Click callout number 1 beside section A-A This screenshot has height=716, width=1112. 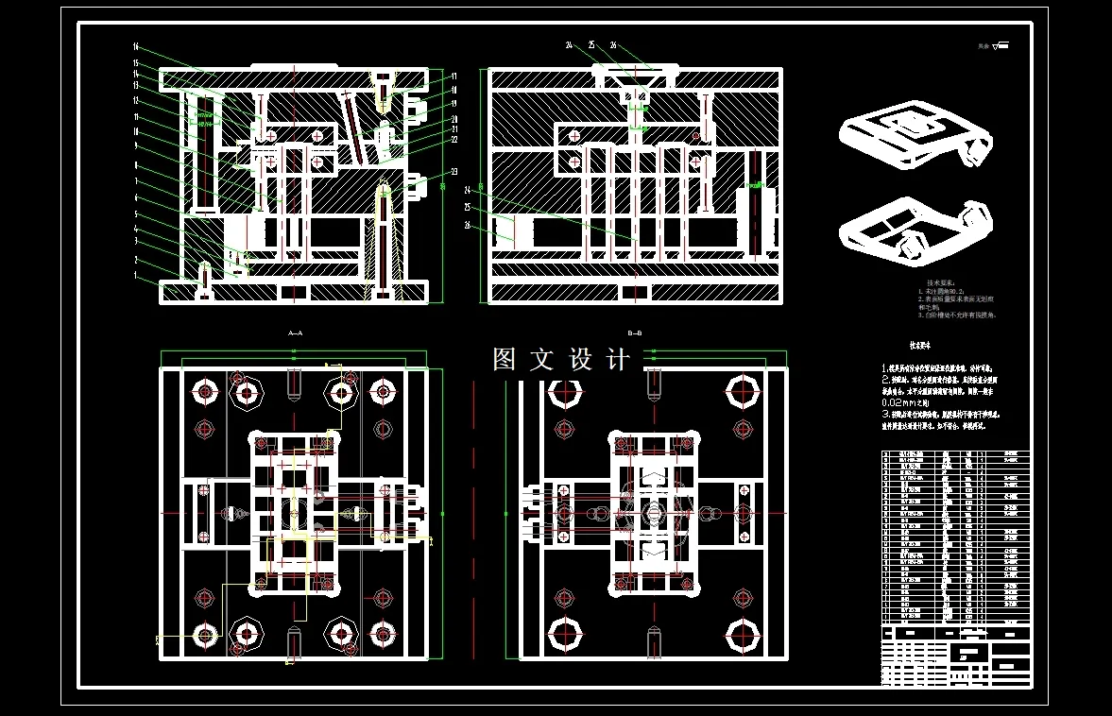(135, 275)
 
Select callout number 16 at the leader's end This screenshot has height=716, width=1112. (136, 46)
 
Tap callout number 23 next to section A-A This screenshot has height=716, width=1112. (453, 171)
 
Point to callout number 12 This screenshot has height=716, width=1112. (136, 100)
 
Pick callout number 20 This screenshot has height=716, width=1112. (453, 119)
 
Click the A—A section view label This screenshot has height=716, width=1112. (295, 332)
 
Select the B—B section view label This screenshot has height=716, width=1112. (635, 332)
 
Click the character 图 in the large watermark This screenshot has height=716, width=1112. (505, 360)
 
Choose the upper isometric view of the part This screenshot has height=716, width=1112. (912, 134)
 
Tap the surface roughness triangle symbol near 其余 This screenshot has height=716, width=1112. (1001, 44)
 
